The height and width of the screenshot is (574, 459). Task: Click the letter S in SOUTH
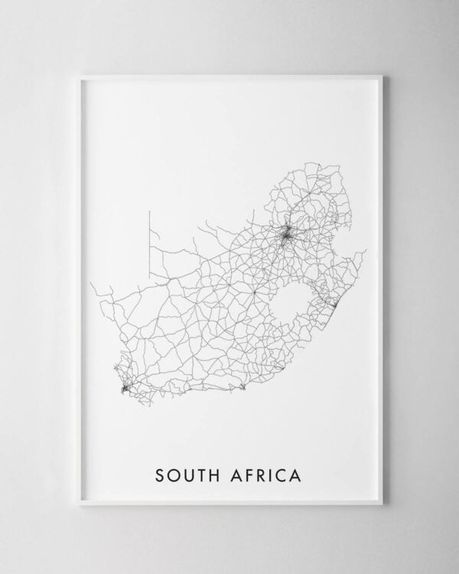160,476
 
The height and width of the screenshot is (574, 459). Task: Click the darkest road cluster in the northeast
287,236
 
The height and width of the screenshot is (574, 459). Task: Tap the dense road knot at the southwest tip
125,389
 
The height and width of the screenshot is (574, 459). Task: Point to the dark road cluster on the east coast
334,307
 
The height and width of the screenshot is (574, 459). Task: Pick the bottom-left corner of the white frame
79,503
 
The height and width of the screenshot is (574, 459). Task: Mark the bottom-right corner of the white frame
381,503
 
